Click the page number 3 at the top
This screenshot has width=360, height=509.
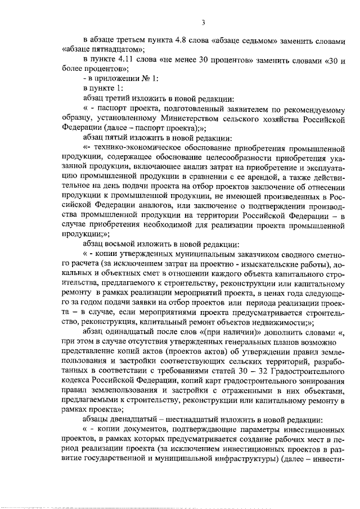(x=204, y=22)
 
